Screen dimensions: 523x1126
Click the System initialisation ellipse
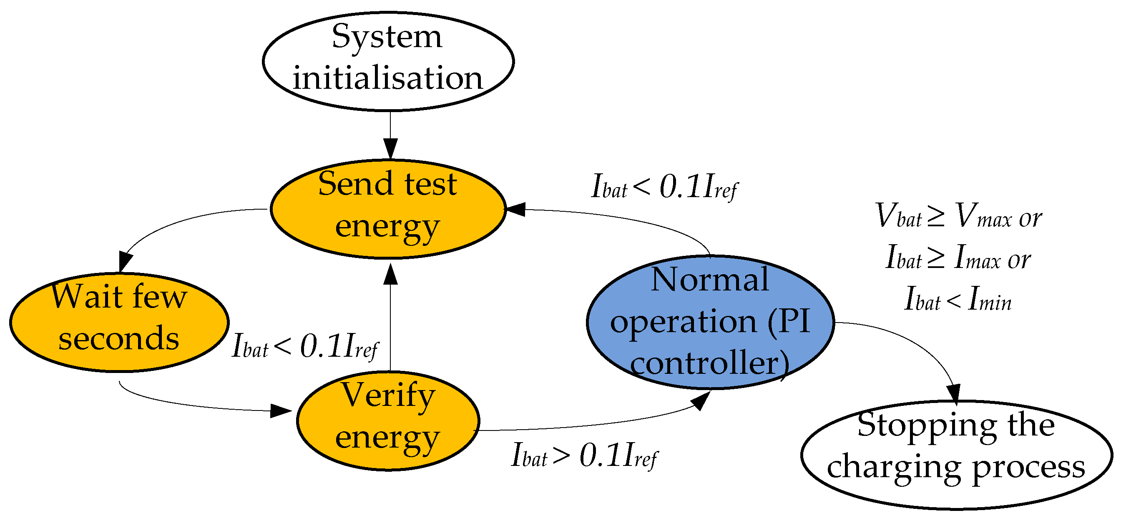(388, 61)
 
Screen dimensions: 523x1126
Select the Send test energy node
(388, 209)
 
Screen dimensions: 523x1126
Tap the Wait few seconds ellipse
(119, 323)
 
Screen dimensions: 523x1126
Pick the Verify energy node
(388, 421)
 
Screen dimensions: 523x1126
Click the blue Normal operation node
(710, 322)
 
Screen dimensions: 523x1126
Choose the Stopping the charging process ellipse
(956, 455)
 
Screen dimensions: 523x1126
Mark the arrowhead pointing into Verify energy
(280, 411)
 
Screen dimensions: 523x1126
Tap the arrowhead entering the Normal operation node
(701, 400)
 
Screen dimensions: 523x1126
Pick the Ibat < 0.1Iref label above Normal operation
(664, 187)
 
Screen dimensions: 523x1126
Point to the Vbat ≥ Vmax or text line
(958, 216)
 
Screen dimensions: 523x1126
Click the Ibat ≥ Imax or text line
(958, 258)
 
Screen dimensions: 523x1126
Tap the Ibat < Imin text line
(958, 299)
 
